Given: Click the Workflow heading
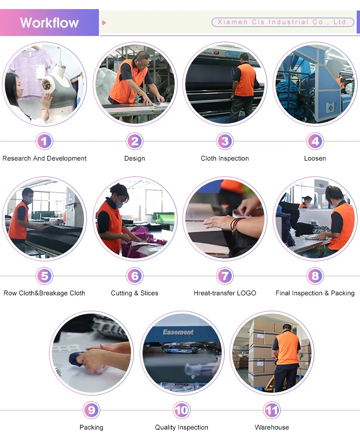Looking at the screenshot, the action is point(49,23).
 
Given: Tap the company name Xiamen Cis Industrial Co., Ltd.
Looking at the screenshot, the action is point(283,22).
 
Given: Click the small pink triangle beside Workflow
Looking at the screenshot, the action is point(104,23).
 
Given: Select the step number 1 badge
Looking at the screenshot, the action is point(45,141).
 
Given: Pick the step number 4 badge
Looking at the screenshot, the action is point(315,141).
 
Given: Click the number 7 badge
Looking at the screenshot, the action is point(225,276).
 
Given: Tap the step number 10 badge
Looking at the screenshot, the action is point(181,410).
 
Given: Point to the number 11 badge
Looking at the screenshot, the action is point(272,410).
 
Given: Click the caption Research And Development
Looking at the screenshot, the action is point(45,158).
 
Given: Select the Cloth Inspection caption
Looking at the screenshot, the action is point(225,158).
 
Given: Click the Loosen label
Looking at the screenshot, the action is point(315,158).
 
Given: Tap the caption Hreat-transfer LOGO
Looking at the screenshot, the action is point(225,293).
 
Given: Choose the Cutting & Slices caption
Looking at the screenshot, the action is point(135,293).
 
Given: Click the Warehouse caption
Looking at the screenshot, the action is point(272,427).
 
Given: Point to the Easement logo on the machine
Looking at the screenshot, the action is point(178,332).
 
